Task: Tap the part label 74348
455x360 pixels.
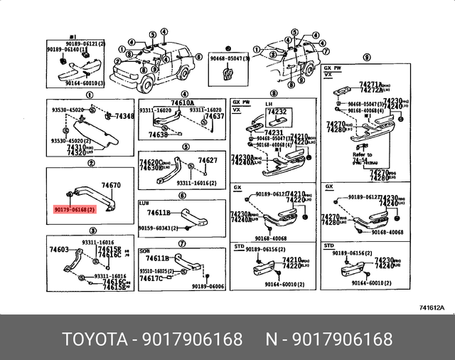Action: [124, 116]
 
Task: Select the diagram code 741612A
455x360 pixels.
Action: [432, 307]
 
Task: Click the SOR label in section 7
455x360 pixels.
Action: [144, 251]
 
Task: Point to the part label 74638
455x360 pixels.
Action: [159, 134]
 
